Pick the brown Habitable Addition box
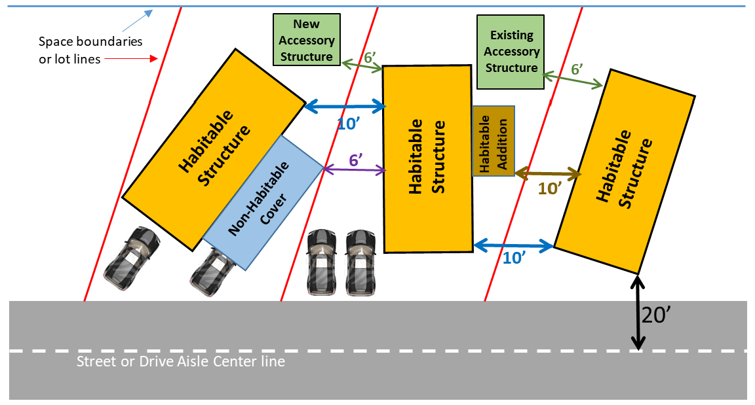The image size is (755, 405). pyautogui.click(x=494, y=141)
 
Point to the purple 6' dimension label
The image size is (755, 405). pyautogui.click(x=355, y=159)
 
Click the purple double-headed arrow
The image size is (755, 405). pyautogui.click(x=355, y=170)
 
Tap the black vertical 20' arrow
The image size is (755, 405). pyautogui.click(x=638, y=313)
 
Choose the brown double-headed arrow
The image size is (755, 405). pyautogui.click(x=548, y=174)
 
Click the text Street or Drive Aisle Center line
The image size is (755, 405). pyautogui.click(x=181, y=361)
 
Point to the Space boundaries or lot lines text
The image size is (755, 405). pyautogui.click(x=90, y=50)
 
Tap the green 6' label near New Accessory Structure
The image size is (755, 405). pyautogui.click(x=370, y=57)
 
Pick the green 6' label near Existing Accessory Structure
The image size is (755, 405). pyautogui.click(x=577, y=69)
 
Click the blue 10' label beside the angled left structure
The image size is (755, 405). pyautogui.click(x=347, y=122)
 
